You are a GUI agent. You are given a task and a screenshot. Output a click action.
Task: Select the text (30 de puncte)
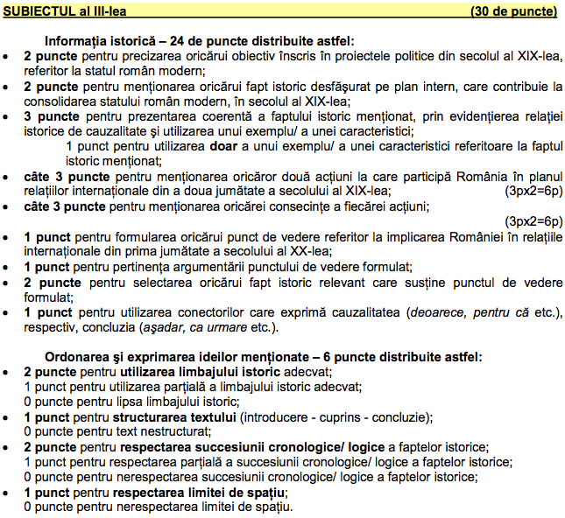click(x=513, y=11)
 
